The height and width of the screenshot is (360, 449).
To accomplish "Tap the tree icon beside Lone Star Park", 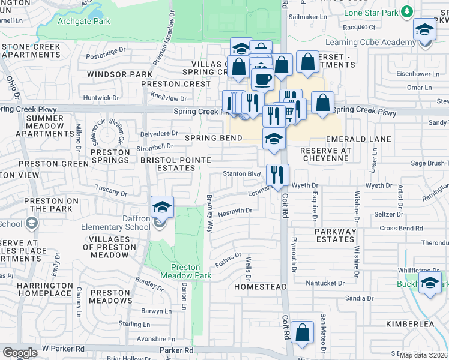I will pyautogui.click(x=408, y=11).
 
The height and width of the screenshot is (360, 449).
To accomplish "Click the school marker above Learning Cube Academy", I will pyautogui.click(x=424, y=30).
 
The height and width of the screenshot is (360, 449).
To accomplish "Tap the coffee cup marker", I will pyautogui.click(x=262, y=78).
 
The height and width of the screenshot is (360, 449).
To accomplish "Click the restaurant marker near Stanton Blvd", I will pyautogui.click(x=277, y=175).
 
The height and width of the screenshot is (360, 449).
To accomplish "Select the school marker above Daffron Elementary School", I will pyautogui.click(x=162, y=207).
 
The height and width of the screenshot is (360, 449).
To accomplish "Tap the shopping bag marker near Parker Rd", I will pyautogui.click(x=302, y=332).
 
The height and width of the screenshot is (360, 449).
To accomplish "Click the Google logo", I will pyautogui.click(x=20, y=353).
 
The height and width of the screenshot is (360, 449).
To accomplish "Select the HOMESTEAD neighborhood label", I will pyautogui.click(x=260, y=287).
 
